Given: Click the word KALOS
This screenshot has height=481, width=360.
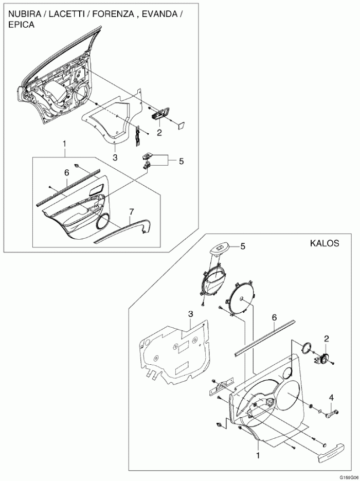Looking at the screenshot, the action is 325,243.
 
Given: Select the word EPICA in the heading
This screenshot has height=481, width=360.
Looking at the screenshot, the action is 21,25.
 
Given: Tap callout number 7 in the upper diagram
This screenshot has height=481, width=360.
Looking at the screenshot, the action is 131,211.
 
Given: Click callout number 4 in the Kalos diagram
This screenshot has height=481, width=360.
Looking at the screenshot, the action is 331,398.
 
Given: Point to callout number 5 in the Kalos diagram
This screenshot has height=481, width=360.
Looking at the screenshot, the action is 243,246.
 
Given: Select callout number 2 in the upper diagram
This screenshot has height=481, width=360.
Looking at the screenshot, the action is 159,133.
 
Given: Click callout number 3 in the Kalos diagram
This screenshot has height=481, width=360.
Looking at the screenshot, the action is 190,314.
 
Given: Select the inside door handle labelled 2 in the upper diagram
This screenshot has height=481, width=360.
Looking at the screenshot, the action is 160,113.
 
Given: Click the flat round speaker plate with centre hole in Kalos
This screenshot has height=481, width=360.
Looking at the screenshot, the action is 241,298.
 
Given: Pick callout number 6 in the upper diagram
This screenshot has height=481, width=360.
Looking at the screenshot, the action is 66,173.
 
